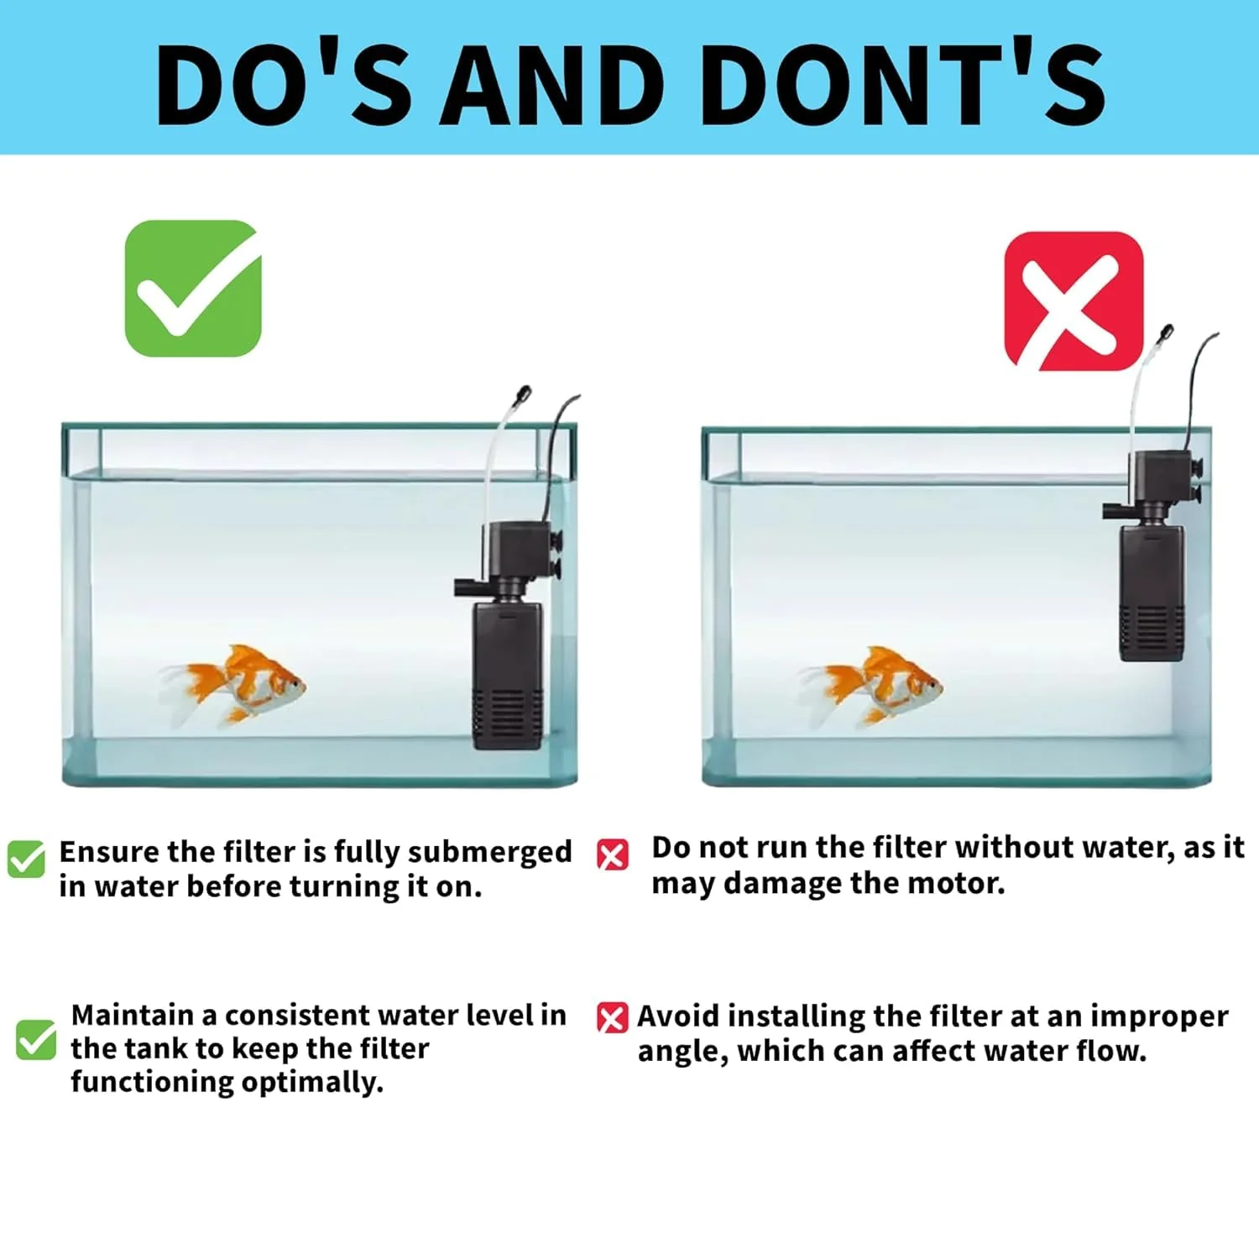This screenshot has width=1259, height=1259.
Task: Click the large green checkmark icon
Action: click(193, 288)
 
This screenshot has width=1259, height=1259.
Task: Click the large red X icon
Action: click(1074, 301)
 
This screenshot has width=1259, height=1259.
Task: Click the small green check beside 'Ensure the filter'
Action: click(26, 859)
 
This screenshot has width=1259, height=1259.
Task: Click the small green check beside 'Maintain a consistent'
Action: click(36, 1039)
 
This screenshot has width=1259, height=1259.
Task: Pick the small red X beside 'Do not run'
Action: click(612, 855)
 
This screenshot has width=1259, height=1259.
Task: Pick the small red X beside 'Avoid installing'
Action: click(612, 1018)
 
